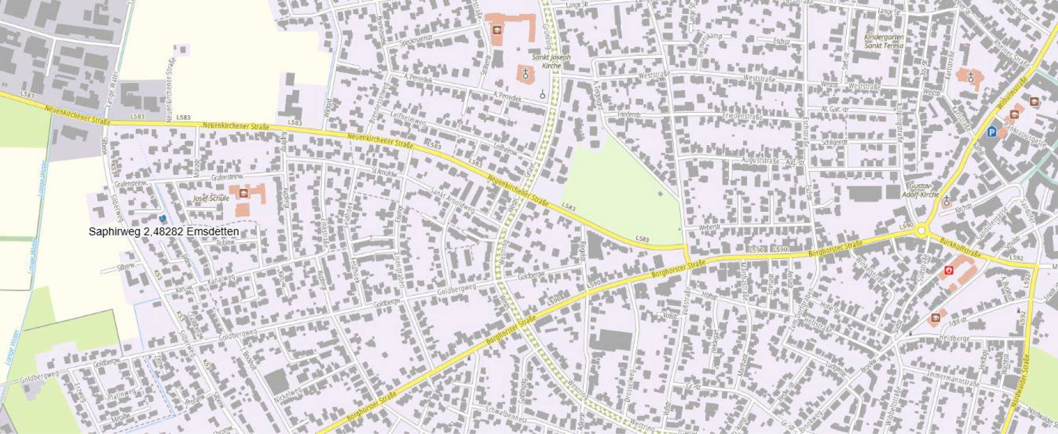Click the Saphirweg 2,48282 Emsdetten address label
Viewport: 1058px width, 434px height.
tap(164, 232)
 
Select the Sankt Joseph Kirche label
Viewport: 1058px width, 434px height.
tap(550, 61)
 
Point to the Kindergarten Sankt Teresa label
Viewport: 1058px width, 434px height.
tap(884, 41)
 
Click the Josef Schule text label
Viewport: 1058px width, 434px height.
tap(211, 198)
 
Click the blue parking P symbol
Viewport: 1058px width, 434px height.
tap(991, 132)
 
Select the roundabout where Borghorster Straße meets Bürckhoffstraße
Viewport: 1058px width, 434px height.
tap(922, 231)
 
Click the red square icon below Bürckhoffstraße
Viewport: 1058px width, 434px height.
tap(949, 270)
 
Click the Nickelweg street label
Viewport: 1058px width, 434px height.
tap(287, 395)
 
